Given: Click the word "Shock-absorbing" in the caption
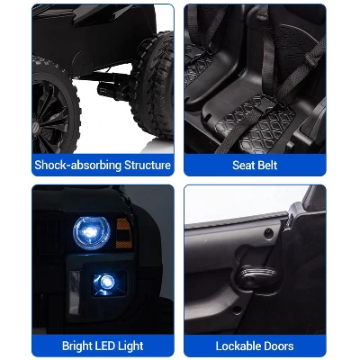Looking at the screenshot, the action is [x=77, y=166].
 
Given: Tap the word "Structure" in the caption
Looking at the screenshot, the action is [x=148, y=165].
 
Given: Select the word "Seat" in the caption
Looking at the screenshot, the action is [x=243, y=165].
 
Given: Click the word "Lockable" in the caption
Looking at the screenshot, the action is [x=235, y=346].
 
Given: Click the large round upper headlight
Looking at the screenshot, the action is [x=92, y=233].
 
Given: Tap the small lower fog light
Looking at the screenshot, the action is [x=106, y=283].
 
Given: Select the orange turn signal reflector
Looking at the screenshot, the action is [x=124, y=233].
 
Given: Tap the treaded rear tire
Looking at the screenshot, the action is [x=152, y=85].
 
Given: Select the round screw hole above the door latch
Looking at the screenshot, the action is [x=268, y=234].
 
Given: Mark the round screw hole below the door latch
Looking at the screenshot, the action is [x=237, y=310].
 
